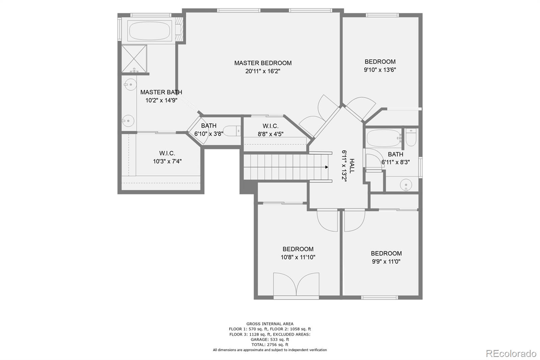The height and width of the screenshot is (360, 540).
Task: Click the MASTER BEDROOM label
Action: tap(263, 63)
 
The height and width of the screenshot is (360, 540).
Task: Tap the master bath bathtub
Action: tap(150, 31)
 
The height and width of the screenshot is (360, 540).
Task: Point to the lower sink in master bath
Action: tap(128, 120)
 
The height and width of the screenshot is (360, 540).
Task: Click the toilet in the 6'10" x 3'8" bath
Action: tap(232, 131)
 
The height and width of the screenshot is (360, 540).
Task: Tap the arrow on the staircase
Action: tap(326, 167)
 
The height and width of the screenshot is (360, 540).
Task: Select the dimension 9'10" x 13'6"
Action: tap(380, 70)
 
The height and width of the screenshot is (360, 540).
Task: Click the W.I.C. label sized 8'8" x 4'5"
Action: tap(270, 126)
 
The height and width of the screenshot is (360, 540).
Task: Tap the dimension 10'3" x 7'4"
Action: tap(167, 161)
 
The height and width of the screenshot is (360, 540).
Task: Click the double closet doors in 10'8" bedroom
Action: tap(296, 284)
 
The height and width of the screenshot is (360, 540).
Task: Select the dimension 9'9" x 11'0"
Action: tap(386, 261)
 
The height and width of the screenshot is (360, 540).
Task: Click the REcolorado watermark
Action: tap(511, 353)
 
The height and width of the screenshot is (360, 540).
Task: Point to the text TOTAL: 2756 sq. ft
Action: tap(270, 345)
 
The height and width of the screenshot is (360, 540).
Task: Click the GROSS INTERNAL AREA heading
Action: tap(270, 324)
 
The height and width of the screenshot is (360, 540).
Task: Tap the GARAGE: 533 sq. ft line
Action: tap(270, 339)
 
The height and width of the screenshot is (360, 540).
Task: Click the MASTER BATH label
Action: tap(161, 92)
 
